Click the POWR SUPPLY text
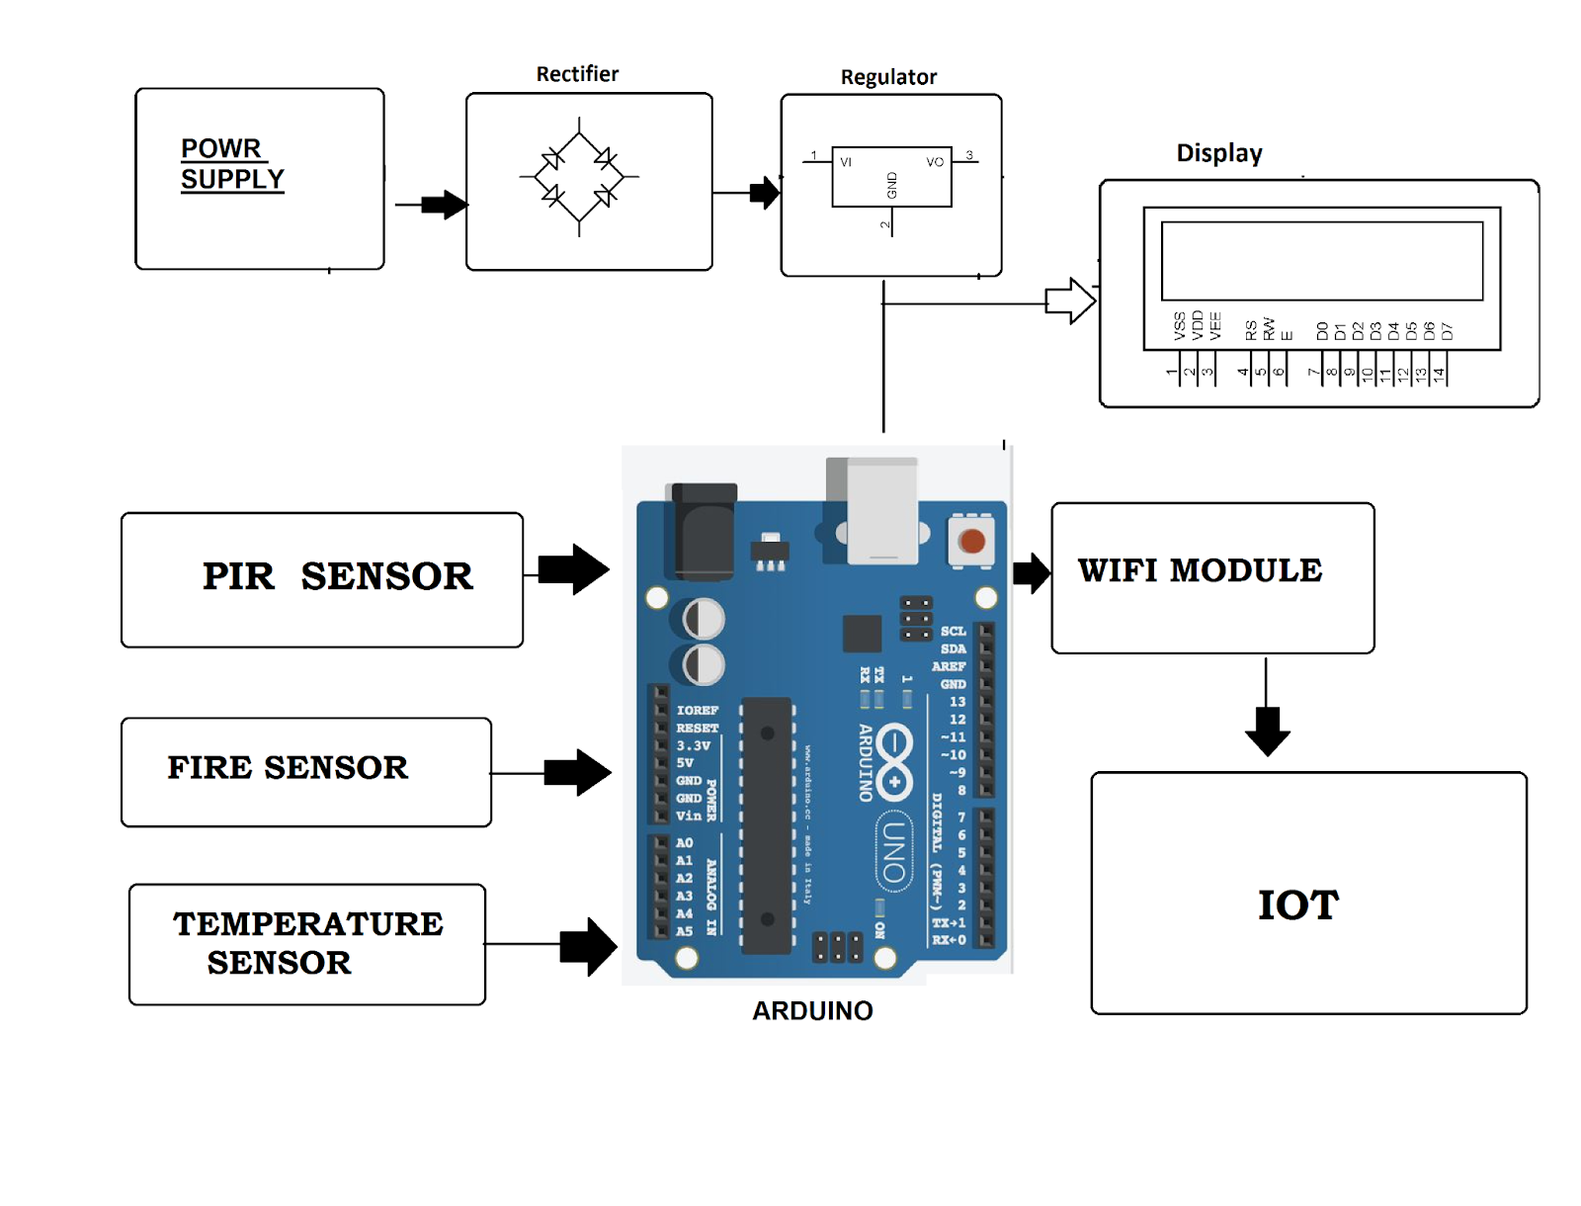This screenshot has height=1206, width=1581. pyautogui.click(x=232, y=164)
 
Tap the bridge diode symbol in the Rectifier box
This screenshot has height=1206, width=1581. pyautogui.click(x=579, y=177)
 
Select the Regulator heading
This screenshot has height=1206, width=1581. pyautogui.click(x=888, y=77)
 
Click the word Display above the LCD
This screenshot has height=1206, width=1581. pyautogui.click(x=1218, y=153)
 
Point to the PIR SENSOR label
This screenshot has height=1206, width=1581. pyautogui.click(x=337, y=576)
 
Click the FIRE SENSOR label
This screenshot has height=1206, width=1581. pyautogui.click(x=288, y=767)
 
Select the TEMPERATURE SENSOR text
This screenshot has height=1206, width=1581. pyautogui.click(x=307, y=943)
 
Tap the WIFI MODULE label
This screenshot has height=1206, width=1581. pyautogui.click(x=1200, y=570)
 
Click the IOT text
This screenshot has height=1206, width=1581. pyautogui.click(x=1297, y=905)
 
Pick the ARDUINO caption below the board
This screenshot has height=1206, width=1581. pyautogui.click(x=812, y=1010)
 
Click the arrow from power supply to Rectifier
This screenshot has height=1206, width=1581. pyautogui.click(x=442, y=205)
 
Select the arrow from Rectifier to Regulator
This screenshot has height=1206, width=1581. pyautogui.click(x=763, y=193)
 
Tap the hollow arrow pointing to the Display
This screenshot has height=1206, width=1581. pyautogui.click(x=1070, y=301)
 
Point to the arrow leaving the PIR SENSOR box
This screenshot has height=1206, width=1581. pyautogui.click(x=575, y=569)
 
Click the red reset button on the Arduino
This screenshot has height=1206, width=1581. pyautogui.click(x=971, y=541)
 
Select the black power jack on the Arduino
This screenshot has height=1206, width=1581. pyautogui.click(x=704, y=530)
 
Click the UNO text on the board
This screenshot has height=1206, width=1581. pyautogui.click(x=893, y=852)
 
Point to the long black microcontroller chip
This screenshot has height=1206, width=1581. pyautogui.click(x=767, y=825)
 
